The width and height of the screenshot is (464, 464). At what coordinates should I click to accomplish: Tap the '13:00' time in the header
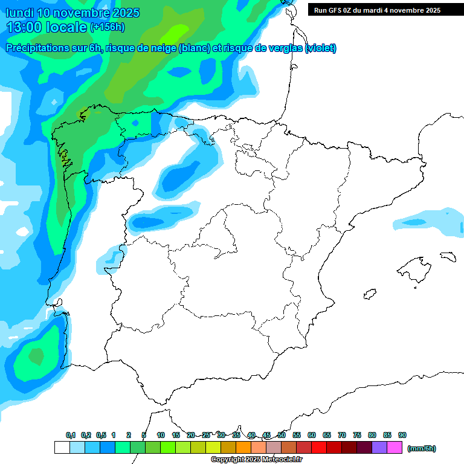click(24, 27)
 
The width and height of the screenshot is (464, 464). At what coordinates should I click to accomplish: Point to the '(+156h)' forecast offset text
click(107, 27)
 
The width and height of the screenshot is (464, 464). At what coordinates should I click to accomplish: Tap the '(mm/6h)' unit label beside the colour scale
click(421, 448)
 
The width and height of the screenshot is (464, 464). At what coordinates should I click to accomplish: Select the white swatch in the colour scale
click(62, 447)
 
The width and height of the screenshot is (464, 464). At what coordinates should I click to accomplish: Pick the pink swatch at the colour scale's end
click(395, 447)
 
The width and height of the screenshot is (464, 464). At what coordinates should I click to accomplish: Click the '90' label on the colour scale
click(402, 435)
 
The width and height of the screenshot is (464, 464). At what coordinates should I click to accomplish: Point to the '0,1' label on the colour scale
click(70, 435)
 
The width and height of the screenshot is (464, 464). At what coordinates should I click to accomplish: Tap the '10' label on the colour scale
click(161, 435)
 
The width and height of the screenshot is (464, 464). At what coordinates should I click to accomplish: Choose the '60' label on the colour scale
click(312, 435)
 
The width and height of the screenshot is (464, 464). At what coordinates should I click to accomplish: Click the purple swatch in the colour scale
click(379, 447)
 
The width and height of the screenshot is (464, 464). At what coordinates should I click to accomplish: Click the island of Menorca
click(448, 256)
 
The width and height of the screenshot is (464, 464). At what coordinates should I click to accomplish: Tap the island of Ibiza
click(370, 294)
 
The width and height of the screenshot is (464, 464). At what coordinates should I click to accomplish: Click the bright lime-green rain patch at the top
click(176, 30)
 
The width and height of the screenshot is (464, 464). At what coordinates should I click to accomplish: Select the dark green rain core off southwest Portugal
click(36, 356)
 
